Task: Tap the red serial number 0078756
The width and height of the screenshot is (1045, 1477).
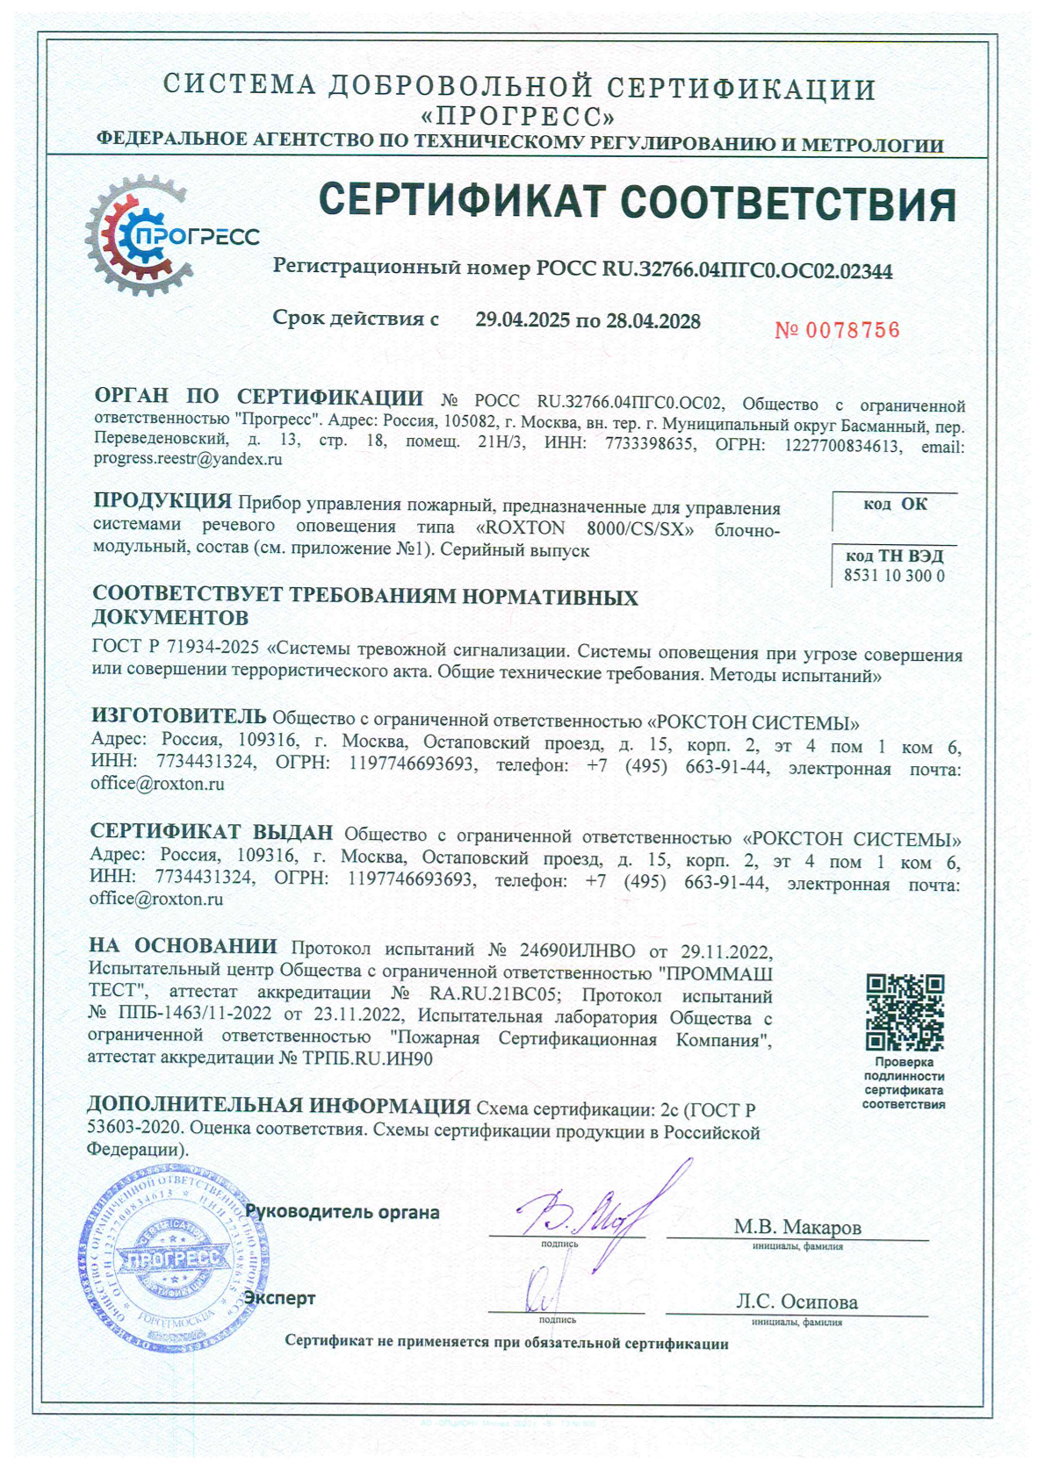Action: point(838,330)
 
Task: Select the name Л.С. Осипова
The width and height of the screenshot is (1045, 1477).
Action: point(796,1301)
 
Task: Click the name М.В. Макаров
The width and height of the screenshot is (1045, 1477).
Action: point(796,1226)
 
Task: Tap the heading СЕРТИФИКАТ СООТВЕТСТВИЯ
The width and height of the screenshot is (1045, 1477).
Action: point(636,203)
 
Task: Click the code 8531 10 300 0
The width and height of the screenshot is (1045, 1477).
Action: point(894,576)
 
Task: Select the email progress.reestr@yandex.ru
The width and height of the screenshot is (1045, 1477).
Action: point(188,458)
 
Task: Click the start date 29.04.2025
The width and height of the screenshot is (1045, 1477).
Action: point(522,320)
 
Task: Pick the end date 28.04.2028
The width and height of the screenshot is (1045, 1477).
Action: point(652,320)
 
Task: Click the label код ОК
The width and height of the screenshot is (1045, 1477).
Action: point(895,504)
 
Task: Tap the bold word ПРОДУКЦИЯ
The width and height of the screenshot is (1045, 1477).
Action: point(162,501)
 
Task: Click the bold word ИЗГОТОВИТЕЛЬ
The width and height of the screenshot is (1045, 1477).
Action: point(179,721)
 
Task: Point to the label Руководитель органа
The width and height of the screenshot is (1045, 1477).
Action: point(342,1212)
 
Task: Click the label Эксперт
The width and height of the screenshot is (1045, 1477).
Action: point(279,1297)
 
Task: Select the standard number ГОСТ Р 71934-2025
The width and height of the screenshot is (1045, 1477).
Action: point(176,648)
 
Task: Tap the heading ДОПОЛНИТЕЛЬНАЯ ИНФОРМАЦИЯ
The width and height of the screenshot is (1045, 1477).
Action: point(278,1105)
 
